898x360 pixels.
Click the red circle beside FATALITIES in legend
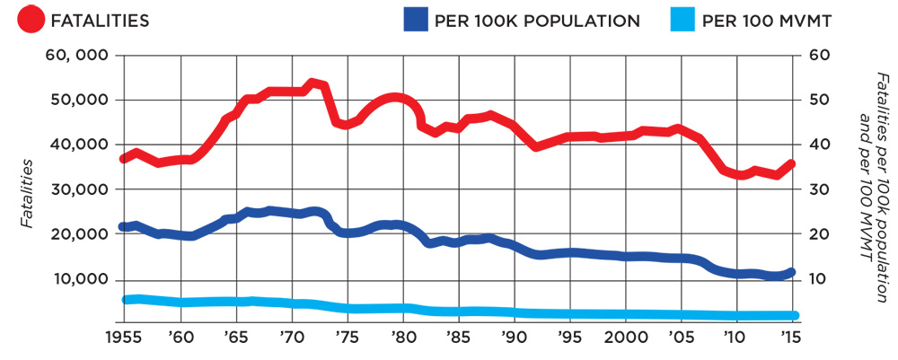pos(33,20)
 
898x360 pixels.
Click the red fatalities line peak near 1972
pos(313,83)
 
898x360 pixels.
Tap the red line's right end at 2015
pos(791,163)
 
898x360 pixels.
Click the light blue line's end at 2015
pos(794,315)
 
